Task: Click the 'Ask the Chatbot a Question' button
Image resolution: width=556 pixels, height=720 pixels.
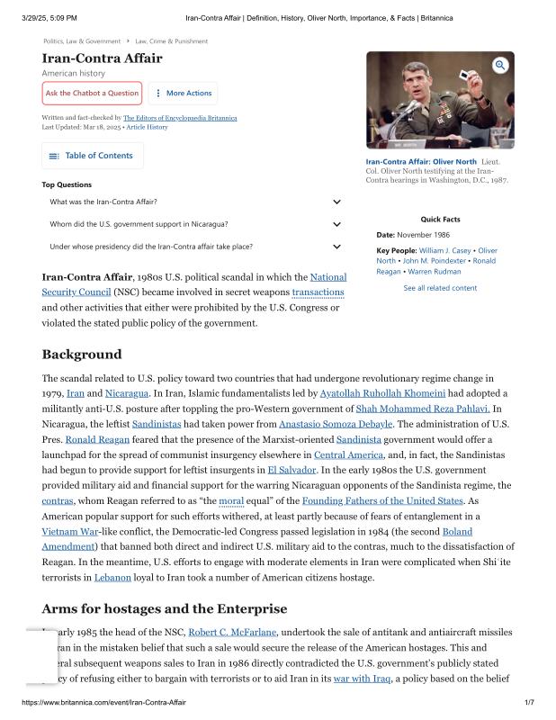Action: click(92, 93)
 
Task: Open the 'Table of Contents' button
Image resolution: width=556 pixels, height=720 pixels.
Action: click(93, 156)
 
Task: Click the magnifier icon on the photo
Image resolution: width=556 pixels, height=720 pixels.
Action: click(500, 65)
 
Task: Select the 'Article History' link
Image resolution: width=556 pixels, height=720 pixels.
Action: click(147, 127)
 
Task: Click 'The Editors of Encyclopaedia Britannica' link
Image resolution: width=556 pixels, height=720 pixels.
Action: click(180, 118)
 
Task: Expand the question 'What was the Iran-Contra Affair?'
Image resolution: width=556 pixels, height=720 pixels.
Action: click(336, 202)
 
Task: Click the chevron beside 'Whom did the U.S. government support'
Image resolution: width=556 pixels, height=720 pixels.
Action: click(336, 224)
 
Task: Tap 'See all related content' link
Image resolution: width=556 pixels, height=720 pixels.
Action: click(440, 288)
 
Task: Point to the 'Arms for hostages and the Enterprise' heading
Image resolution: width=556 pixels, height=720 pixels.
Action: click(165, 608)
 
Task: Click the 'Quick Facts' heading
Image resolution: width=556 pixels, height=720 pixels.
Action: click(440, 220)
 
